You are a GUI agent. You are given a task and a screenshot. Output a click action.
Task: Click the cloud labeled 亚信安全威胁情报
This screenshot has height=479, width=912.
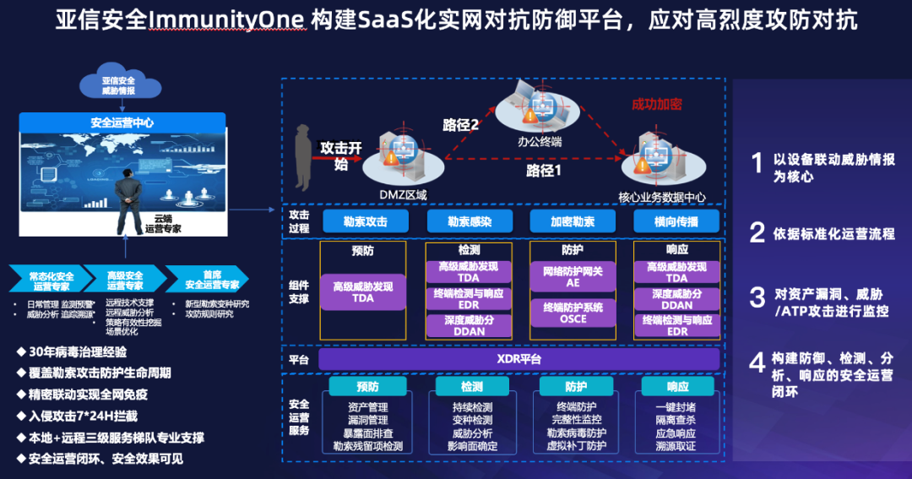pyautogui.click(x=119, y=84)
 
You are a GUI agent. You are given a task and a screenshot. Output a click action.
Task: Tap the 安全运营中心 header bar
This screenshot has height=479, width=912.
pyautogui.click(x=122, y=122)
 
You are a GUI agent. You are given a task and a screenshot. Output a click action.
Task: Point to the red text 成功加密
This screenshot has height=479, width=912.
pyautogui.click(x=656, y=104)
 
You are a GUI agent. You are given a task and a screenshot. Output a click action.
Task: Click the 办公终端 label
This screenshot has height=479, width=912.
pyautogui.click(x=540, y=142)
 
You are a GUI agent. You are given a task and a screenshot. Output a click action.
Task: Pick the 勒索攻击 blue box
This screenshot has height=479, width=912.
pyautogui.click(x=365, y=221)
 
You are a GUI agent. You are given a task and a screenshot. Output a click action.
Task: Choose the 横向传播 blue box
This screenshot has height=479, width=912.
pyautogui.click(x=676, y=221)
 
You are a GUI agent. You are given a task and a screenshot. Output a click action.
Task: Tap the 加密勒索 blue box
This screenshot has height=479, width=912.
pyautogui.click(x=573, y=221)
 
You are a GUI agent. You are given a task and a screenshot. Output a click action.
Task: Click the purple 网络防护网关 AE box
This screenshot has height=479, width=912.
pyautogui.click(x=573, y=277)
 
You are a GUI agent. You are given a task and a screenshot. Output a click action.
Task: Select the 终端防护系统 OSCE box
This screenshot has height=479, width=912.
pyautogui.click(x=573, y=313)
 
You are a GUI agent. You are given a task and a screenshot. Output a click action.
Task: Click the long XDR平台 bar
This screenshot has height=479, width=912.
pyautogui.click(x=518, y=359)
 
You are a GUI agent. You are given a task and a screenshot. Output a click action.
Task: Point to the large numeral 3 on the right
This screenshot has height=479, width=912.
pyautogui.click(x=757, y=297)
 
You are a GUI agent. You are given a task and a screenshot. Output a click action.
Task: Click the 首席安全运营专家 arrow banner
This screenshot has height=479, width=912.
pyautogui.click(x=207, y=279)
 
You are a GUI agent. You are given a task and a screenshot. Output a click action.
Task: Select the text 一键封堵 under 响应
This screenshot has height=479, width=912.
pyautogui.click(x=676, y=407)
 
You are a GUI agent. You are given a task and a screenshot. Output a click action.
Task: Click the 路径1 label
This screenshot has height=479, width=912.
pyautogui.click(x=544, y=170)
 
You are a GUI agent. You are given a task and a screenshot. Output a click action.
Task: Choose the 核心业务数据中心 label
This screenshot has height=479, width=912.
pyautogui.click(x=661, y=197)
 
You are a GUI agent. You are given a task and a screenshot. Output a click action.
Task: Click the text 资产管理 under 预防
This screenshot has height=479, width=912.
pyautogui.click(x=367, y=407)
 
